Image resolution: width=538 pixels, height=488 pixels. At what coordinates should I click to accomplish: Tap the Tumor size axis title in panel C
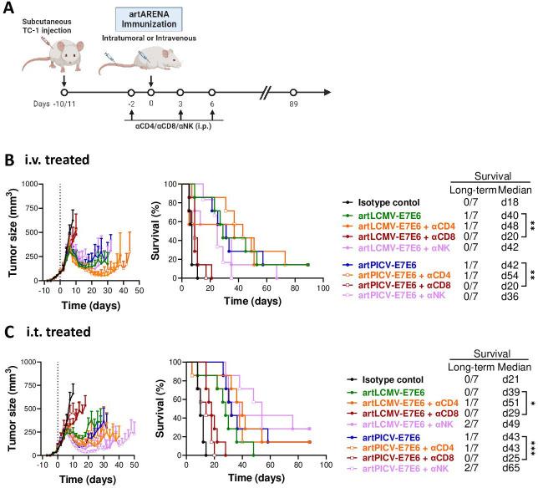click(9, 407)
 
